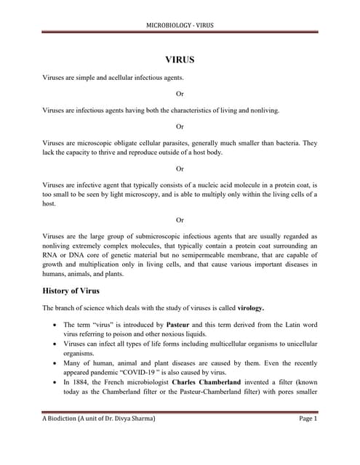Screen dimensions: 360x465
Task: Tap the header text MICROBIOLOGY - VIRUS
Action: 179,25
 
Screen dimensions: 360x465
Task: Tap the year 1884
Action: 78,381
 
